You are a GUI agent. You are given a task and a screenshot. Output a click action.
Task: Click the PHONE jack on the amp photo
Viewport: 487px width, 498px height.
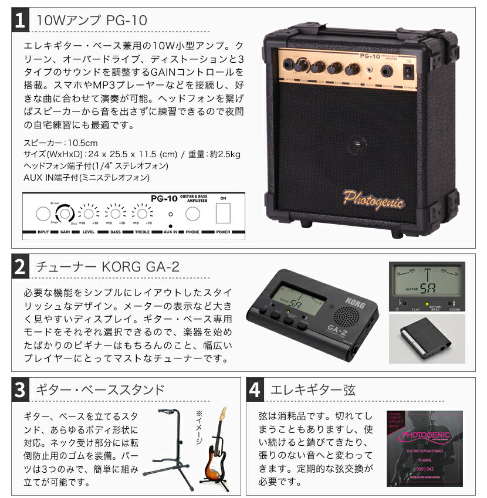click(x=387, y=71)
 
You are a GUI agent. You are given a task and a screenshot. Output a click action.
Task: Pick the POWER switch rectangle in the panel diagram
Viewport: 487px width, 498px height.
click(x=222, y=214)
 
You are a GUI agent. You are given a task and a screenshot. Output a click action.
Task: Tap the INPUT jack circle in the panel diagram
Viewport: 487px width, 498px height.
click(x=43, y=214)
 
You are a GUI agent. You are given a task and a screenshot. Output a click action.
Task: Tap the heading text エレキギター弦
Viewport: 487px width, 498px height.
click(x=312, y=390)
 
